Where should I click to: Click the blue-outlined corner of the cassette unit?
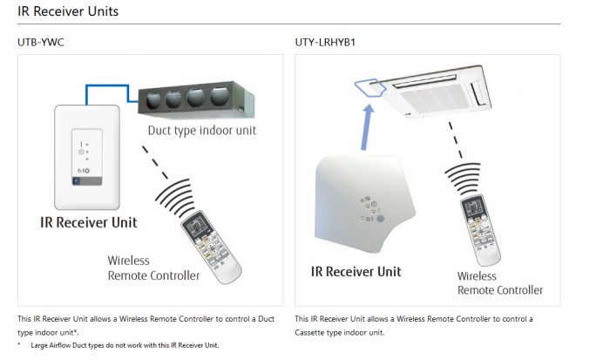click(x=369, y=86)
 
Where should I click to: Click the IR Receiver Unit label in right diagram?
click(x=356, y=272)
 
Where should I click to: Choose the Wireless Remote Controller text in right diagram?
click(x=499, y=282)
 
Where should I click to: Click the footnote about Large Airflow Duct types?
click(x=124, y=345)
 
